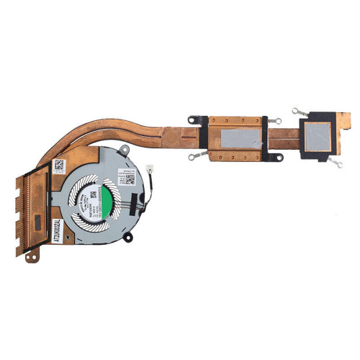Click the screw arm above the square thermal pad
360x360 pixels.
(297, 111)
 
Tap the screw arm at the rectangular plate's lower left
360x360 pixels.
(192, 156)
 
